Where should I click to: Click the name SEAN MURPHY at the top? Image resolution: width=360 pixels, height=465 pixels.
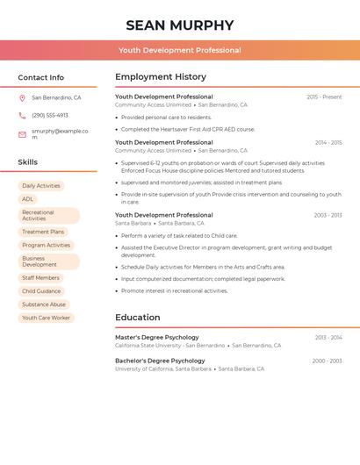[x=180, y=25]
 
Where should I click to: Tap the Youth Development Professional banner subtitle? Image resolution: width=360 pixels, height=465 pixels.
[x=180, y=50]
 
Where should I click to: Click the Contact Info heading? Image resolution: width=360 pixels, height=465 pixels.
[x=41, y=77]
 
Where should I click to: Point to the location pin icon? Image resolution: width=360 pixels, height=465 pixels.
[x=22, y=98]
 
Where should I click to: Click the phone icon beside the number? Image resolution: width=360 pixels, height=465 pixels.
[x=22, y=116]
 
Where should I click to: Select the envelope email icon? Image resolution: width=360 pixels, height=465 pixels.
[x=22, y=134]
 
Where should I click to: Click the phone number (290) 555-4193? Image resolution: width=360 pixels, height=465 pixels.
[x=50, y=115]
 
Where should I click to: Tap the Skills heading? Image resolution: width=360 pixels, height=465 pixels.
[x=28, y=162]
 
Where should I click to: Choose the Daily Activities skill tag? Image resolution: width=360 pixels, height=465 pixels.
[x=41, y=186]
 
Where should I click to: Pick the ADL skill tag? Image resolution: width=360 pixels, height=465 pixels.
[x=28, y=199]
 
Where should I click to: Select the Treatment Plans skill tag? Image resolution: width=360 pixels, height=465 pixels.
[x=43, y=232]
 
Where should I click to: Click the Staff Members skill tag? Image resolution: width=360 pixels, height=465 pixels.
[x=41, y=278]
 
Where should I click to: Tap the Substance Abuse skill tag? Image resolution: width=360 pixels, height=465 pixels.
[x=44, y=304]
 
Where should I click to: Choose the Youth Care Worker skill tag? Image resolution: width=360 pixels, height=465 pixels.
[x=47, y=318]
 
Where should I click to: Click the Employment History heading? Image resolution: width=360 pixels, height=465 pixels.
[x=161, y=77]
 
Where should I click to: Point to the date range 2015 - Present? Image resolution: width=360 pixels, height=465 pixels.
[x=324, y=97]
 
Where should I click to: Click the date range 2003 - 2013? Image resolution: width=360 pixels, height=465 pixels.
[x=328, y=215]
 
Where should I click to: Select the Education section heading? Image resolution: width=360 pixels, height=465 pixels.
[x=138, y=318]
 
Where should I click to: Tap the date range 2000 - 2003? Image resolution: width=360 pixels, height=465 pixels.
[x=327, y=361]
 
